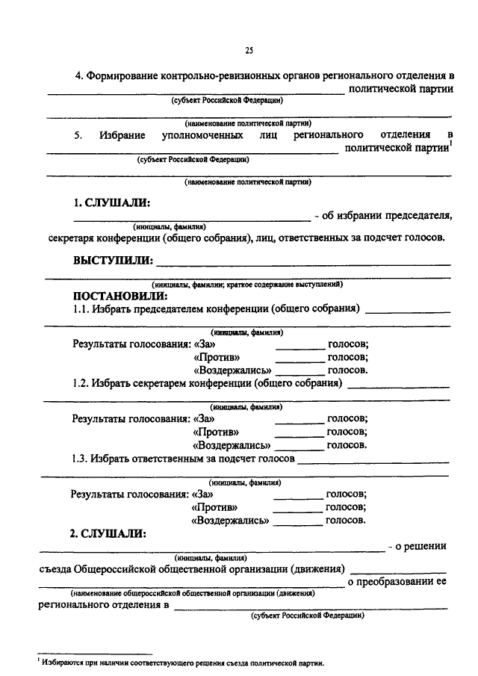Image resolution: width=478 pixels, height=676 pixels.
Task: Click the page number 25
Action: [249, 51]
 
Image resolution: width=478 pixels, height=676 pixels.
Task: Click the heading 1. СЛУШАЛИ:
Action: [111, 202]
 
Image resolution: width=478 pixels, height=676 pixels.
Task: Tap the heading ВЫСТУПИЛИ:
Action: [113, 261]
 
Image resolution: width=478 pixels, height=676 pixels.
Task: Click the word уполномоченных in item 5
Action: [202, 135]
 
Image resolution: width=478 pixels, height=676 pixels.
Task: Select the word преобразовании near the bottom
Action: [392, 581]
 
